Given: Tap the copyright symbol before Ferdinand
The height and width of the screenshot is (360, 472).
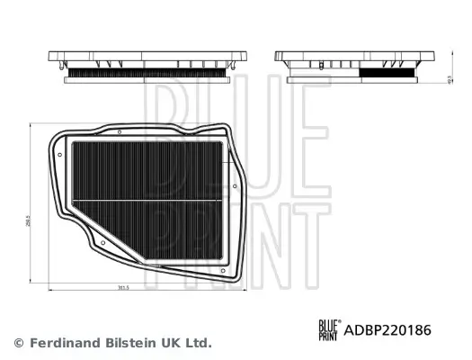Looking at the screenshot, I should pyautogui.click(x=19, y=343).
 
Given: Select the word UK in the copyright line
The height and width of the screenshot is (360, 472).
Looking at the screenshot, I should pyautogui.click(x=164, y=343).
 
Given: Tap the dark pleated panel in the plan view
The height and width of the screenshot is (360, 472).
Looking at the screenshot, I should pyautogui.click(x=148, y=171).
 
